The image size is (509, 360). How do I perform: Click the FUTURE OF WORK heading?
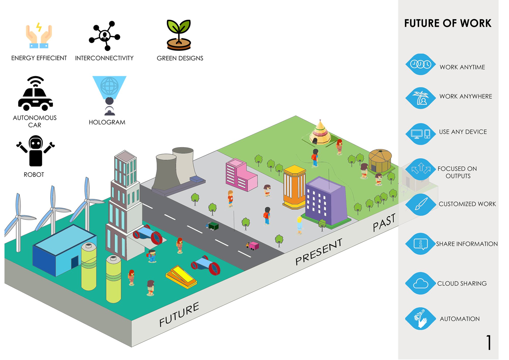click(448, 23)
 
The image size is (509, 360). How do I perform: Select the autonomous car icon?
click(35, 93)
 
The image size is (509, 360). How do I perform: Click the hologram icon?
click(109, 95)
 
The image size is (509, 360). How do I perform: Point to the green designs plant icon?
click(179, 35)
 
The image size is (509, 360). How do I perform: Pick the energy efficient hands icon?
click(39, 35)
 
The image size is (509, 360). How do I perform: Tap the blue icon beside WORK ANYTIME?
click(420, 64)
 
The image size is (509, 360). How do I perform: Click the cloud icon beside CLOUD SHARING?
click(420, 283)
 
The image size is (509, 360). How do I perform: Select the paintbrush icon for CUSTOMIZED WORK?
click(420, 204)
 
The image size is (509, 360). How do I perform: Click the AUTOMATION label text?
click(460, 319)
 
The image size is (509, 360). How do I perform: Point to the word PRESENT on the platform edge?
click(319, 252)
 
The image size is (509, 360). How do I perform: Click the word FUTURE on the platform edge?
click(179, 314)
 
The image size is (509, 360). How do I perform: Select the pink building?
click(241, 175)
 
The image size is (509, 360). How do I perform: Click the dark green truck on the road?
click(212, 226)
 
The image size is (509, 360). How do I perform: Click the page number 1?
click(489, 342)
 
